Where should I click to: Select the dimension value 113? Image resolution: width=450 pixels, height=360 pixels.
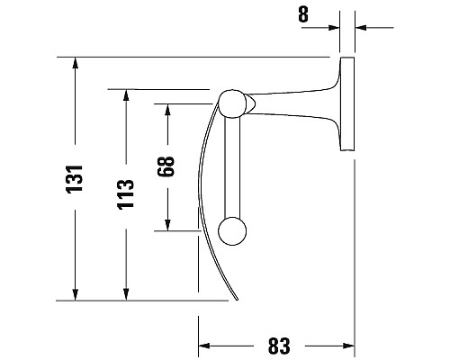[x=125, y=193]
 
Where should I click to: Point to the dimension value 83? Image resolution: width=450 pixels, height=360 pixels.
[x=278, y=345]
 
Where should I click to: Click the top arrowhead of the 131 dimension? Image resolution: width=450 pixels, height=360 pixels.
[x=76, y=64]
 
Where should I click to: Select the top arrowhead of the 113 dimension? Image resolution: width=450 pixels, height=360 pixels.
[x=125, y=95]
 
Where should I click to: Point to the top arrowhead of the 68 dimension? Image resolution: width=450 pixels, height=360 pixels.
[x=166, y=110]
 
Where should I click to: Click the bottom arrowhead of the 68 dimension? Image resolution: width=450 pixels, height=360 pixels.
[x=166, y=224]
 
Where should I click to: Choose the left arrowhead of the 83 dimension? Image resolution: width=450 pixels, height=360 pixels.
[x=205, y=345]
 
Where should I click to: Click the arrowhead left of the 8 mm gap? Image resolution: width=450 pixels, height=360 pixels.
[x=332, y=28]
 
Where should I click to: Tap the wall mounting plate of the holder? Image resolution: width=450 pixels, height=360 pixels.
[x=346, y=103]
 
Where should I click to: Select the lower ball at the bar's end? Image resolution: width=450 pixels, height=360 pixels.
[x=232, y=231]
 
